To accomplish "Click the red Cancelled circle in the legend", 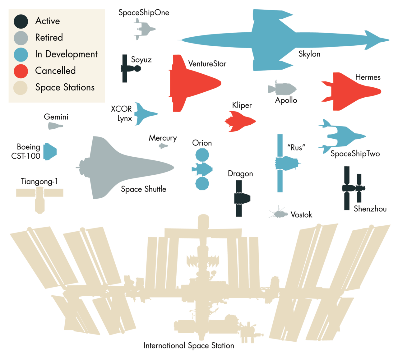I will click(x=21, y=71).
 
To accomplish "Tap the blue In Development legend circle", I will click(x=21, y=54).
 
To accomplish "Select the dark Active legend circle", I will click(x=21, y=21).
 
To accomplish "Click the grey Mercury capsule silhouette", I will click(x=163, y=146).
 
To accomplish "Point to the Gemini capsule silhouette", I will click(x=55, y=126).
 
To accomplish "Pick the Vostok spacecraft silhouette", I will click(x=279, y=214).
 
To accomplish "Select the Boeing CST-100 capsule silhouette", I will click(x=49, y=152).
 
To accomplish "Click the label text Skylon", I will click(x=309, y=54).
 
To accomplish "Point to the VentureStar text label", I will click(x=207, y=64).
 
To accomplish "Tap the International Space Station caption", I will click(x=188, y=346).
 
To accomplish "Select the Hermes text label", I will click(x=368, y=77).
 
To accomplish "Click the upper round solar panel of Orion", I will click(x=202, y=155).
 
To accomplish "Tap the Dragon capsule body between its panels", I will click(x=242, y=198).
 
